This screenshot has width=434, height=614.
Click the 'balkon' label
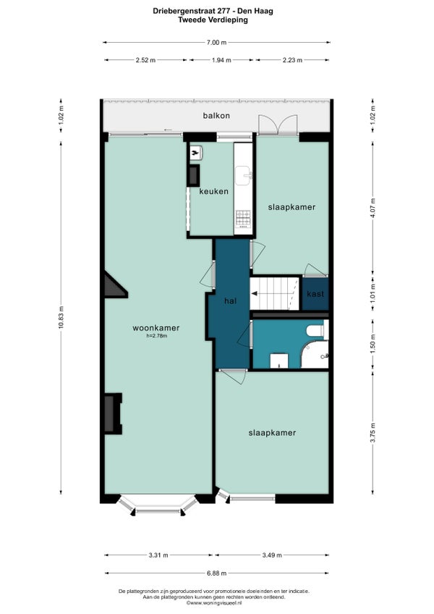pyautogui.click(x=216, y=116)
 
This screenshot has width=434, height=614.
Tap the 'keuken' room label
pyautogui.click(x=214, y=192)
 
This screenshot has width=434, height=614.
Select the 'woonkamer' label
pyautogui.click(x=156, y=327)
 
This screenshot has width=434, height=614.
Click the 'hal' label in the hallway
pyautogui.click(x=231, y=300)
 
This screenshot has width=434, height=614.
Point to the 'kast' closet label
pyautogui.click(x=315, y=294)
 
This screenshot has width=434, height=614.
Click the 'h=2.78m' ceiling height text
pyautogui.click(x=156, y=335)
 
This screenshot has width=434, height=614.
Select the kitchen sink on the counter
pyautogui.click(x=244, y=174)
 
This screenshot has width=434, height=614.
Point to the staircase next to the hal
pyautogui.click(x=274, y=293)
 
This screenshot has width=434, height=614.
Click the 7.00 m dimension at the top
pyautogui.click(x=216, y=43)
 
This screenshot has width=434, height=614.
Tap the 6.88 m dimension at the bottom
pyautogui.click(x=216, y=572)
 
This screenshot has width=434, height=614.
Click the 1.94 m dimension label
pyautogui.click(x=221, y=60)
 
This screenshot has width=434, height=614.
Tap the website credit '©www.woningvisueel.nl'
pyautogui.click(x=216, y=602)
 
